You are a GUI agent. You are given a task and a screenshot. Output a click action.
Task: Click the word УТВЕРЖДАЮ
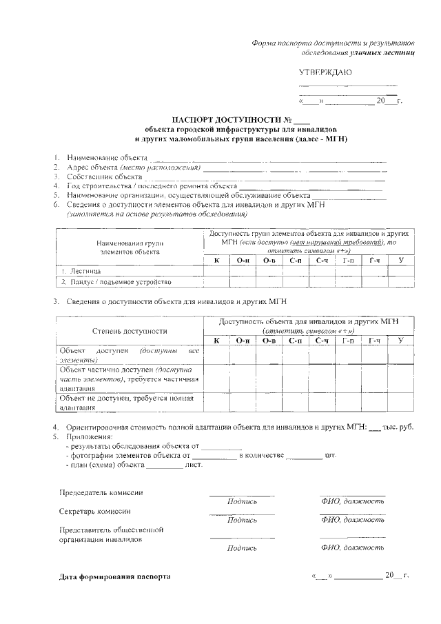pyautogui.click(x=325, y=72)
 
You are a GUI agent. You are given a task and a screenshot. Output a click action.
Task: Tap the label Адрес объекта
pyautogui.click(x=91, y=168)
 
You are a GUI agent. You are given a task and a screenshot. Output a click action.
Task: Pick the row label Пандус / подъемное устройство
pyautogui.click(x=114, y=281)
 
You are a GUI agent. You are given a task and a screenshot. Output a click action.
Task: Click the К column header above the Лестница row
pyautogui.click(x=217, y=260)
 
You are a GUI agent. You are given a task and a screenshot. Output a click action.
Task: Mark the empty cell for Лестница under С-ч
pyautogui.click(x=322, y=271)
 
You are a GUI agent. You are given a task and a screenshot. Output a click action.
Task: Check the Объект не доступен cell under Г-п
pyautogui.click(x=349, y=401)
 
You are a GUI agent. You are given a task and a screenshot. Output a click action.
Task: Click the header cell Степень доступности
pyautogui.click(x=130, y=331)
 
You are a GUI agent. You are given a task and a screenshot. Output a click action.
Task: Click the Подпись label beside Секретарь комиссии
pyautogui.click(x=242, y=521)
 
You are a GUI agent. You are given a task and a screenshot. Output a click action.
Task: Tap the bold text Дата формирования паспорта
pyautogui.click(x=114, y=575)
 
